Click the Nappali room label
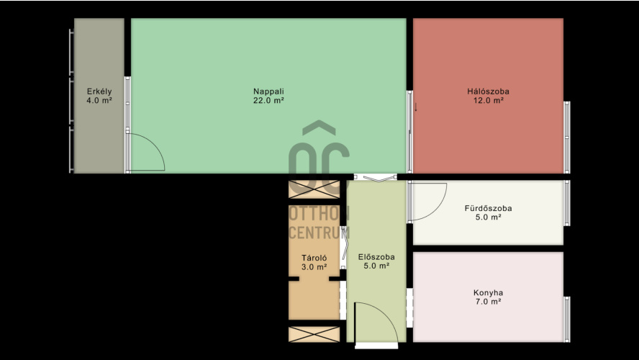(x=268, y=91)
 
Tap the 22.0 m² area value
(x=268, y=100)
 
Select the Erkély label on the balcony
(x=99, y=91)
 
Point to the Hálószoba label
(x=488, y=91)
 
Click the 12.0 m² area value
(x=488, y=100)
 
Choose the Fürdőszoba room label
(x=488, y=208)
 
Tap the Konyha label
(x=488, y=293)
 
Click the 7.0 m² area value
(x=488, y=302)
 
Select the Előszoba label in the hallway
(x=376, y=257)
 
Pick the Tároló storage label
(x=314, y=258)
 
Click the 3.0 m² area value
(x=314, y=267)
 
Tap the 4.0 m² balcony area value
(x=99, y=100)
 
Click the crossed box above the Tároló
(x=314, y=189)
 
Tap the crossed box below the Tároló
(x=314, y=334)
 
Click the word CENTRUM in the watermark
(x=319, y=233)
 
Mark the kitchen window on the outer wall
(x=567, y=319)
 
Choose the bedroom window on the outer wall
(x=567, y=138)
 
